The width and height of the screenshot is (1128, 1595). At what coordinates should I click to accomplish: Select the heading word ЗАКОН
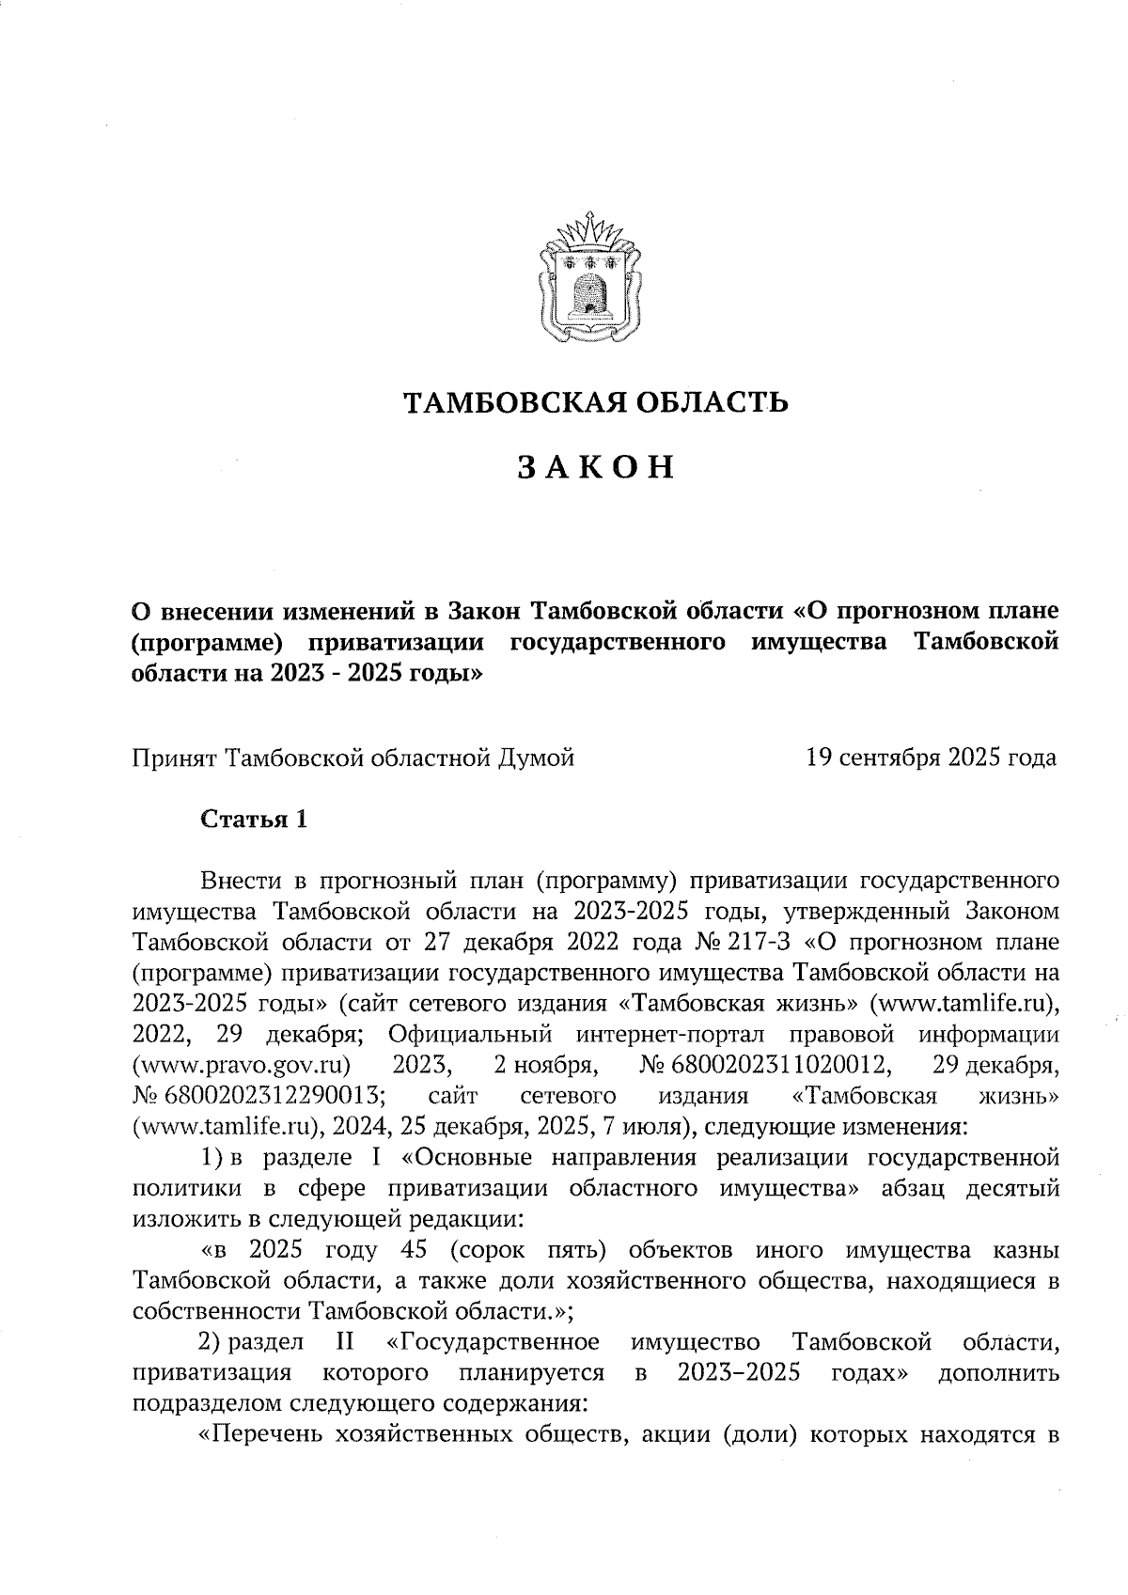(x=596, y=467)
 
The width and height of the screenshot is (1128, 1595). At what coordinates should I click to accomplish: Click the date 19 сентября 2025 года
(x=931, y=757)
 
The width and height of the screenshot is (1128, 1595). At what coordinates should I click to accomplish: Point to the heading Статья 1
(x=254, y=819)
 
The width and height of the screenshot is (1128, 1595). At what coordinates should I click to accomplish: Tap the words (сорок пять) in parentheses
(x=522, y=1250)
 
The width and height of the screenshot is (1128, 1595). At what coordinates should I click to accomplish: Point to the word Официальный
(x=469, y=1034)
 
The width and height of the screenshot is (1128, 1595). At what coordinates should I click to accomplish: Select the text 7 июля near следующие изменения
(x=642, y=1126)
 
